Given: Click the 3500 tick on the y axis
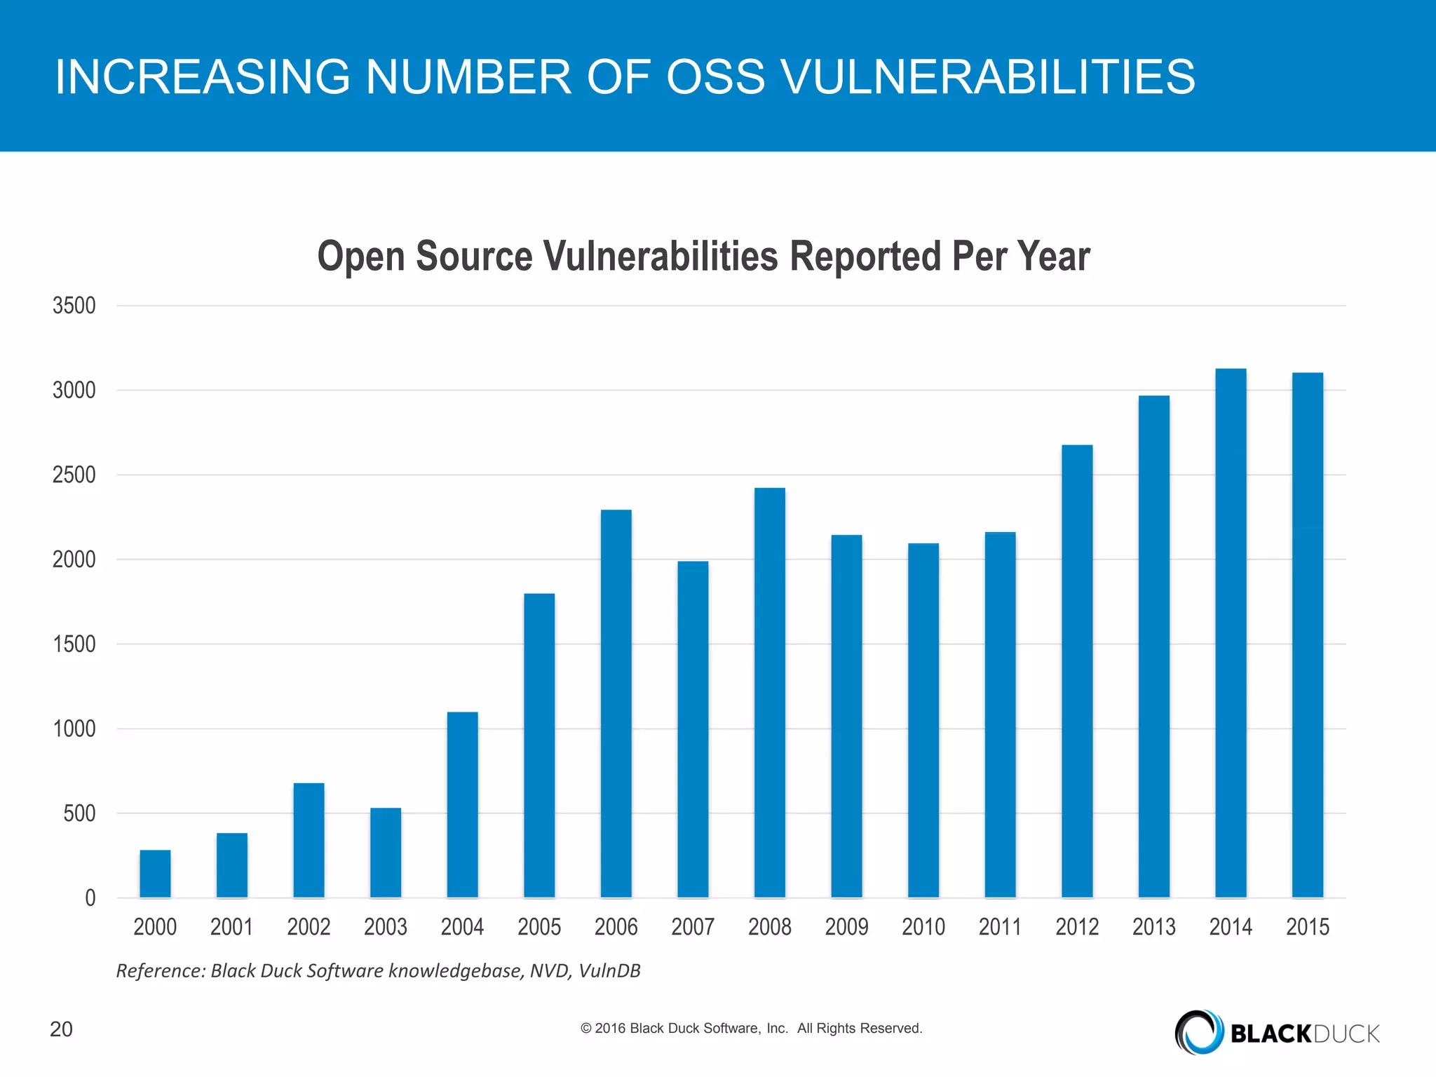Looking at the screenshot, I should pyautogui.click(x=74, y=306).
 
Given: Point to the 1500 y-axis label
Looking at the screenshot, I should pyautogui.click(x=74, y=644).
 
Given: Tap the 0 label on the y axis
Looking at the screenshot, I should pyautogui.click(x=90, y=898).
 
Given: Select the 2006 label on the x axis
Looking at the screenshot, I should pyautogui.click(x=616, y=927).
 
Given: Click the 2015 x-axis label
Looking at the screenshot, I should pyautogui.click(x=1308, y=927).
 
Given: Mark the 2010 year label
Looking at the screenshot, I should pyautogui.click(x=923, y=927).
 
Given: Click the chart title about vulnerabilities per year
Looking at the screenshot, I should pyautogui.click(x=703, y=256).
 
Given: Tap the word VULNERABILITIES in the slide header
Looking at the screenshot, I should pyautogui.click(x=987, y=76).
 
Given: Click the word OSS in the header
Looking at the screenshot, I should pyautogui.click(x=715, y=76).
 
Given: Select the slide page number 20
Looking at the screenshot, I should pyautogui.click(x=61, y=1029).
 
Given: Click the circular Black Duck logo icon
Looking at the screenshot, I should pyautogui.click(x=1198, y=1032).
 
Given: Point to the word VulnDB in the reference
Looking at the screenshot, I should pyautogui.click(x=609, y=970).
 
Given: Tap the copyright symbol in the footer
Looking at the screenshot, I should pyautogui.click(x=586, y=1029).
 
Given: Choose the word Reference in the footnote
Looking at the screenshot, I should pyautogui.click(x=160, y=970).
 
